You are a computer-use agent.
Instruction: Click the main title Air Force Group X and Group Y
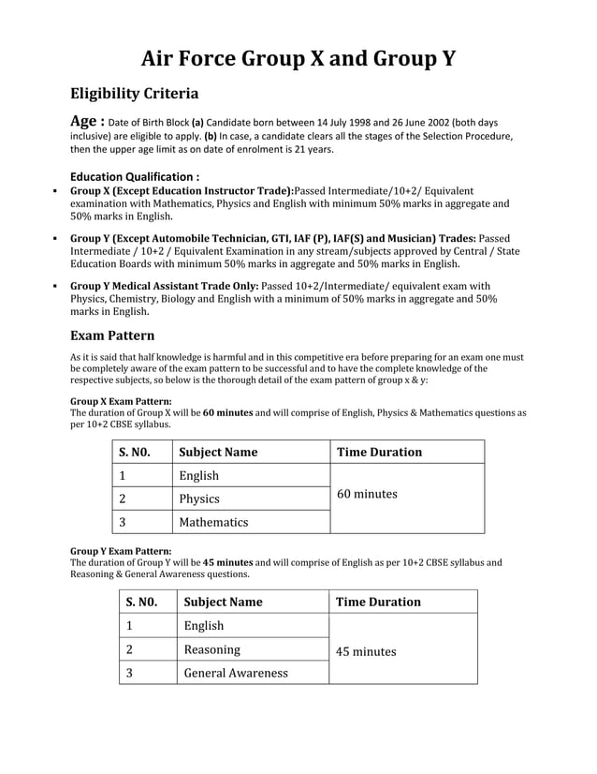coord(298,59)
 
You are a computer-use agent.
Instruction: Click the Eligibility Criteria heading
coord(134,94)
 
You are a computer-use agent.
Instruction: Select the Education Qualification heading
coord(135,176)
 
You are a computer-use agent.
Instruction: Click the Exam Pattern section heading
coord(112,335)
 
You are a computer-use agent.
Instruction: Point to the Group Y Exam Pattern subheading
coord(121,551)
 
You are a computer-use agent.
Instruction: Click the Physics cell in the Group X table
coord(199,499)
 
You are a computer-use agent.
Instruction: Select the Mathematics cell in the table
coord(213,522)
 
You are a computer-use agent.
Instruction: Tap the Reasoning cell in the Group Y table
coord(212,648)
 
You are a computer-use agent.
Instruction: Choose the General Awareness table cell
coord(236,672)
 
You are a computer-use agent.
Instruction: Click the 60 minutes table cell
coord(367,494)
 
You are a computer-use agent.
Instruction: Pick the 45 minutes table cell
coord(366,651)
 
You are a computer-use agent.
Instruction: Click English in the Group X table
coord(198,475)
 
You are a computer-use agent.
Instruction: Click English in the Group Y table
coord(204,625)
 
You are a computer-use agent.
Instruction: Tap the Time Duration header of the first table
coord(379,452)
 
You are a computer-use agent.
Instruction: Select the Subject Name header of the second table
coord(223,602)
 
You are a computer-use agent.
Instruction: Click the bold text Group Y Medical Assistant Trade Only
coord(165,286)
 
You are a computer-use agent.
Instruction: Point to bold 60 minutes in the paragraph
coord(227,411)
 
